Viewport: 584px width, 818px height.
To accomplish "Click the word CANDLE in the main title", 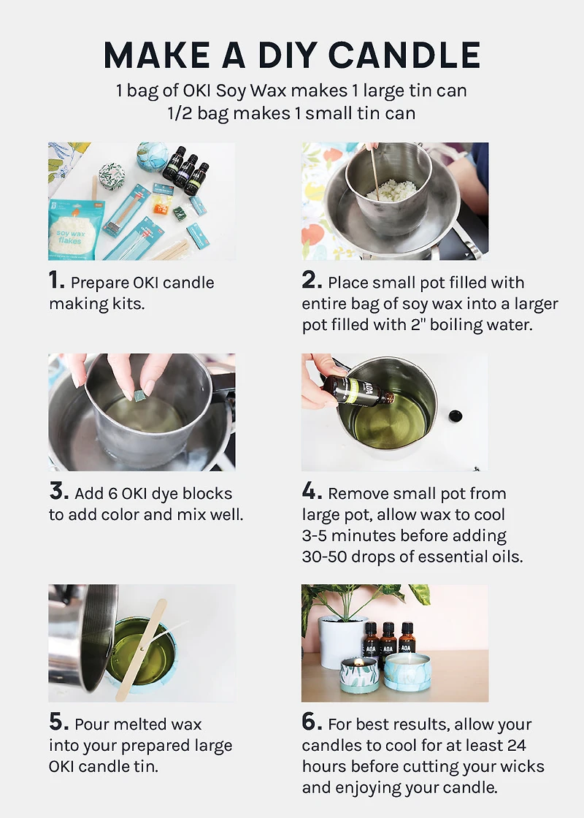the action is (x=404, y=55).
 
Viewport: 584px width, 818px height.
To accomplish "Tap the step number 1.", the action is (x=56, y=280).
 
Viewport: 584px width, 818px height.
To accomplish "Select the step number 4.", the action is (x=311, y=491).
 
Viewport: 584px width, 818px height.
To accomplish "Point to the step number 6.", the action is (x=311, y=722).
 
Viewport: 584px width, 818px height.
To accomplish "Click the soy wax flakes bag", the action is (x=75, y=229).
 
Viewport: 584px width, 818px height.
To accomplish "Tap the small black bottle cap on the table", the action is (x=456, y=416).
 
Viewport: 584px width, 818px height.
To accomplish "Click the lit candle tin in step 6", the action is (x=358, y=675).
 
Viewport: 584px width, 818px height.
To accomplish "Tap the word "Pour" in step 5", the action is (x=92, y=724).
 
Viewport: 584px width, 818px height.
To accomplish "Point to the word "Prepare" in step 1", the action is (x=100, y=283).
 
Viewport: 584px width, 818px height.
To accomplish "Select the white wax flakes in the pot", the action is (x=392, y=189).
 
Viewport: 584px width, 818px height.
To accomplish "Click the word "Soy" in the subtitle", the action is (x=231, y=91).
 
